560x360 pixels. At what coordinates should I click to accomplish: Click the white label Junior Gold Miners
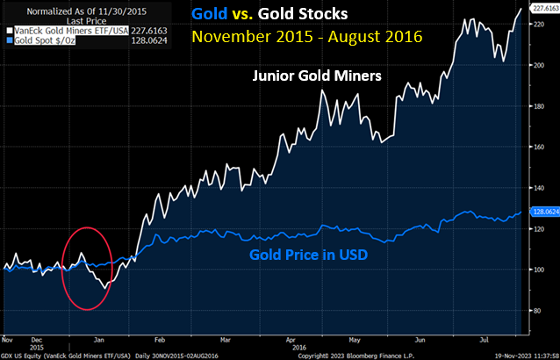tap(318, 77)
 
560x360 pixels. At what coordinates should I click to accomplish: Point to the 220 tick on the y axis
tap(539, 24)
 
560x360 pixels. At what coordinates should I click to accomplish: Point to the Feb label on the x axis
tap(159, 337)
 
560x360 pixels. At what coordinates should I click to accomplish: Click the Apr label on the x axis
tap(291, 337)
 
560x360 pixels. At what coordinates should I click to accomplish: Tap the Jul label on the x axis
tap(484, 337)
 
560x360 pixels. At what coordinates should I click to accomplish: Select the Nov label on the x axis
tap(7, 337)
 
